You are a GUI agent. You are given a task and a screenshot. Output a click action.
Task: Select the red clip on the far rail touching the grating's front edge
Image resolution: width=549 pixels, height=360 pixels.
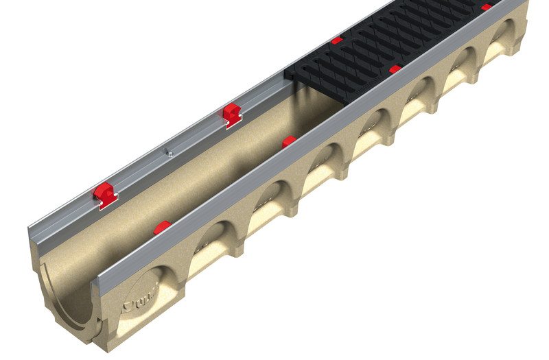tap(336, 41)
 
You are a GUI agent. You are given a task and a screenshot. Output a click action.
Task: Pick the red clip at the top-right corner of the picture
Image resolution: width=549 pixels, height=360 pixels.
tap(486, 7)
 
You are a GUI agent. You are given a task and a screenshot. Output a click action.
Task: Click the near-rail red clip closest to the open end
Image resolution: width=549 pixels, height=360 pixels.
tap(163, 227)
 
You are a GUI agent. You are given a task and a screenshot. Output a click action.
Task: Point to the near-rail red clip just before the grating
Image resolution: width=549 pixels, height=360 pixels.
tap(289, 141)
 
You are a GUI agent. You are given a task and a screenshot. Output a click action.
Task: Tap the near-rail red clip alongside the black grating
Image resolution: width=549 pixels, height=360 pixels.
tap(395, 69)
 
